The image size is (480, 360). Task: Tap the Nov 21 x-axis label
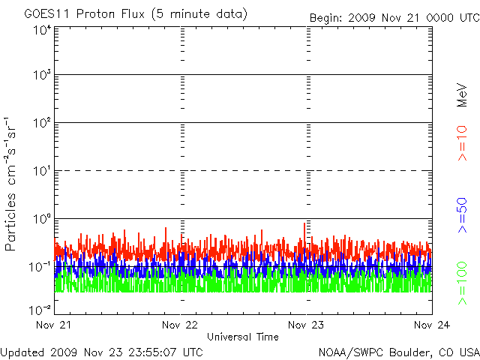[x=53, y=325]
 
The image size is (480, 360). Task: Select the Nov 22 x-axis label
[x=180, y=325]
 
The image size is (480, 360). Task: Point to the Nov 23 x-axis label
[x=306, y=325]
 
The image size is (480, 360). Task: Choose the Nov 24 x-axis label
[x=432, y=325]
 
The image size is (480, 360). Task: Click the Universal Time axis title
[x=243, y=337]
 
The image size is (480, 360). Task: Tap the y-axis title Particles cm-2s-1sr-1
[x=10, y=184]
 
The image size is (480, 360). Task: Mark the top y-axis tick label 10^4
[x=42, y=31]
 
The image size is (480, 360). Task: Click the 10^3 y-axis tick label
[x=42, y=75]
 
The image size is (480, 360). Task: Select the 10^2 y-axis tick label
[x=42, y=123]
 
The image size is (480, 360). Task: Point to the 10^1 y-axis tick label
[x=42, y=171]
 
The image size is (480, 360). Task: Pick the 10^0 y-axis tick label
[x=42, y=219]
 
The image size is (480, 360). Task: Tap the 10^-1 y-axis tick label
[x=40, y=267]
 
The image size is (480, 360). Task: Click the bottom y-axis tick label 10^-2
[x=40, y=310]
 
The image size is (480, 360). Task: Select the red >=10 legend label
[x=462, y=143]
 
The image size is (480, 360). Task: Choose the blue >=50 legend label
[x=462, y=215]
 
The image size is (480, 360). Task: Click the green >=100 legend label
[x=462, y=283]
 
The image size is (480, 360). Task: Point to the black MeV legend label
[x=462, y=95]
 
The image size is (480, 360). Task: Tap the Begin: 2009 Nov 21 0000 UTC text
[x=395, y=18]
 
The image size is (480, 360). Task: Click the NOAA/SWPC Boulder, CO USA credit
[x=399, y=352]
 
